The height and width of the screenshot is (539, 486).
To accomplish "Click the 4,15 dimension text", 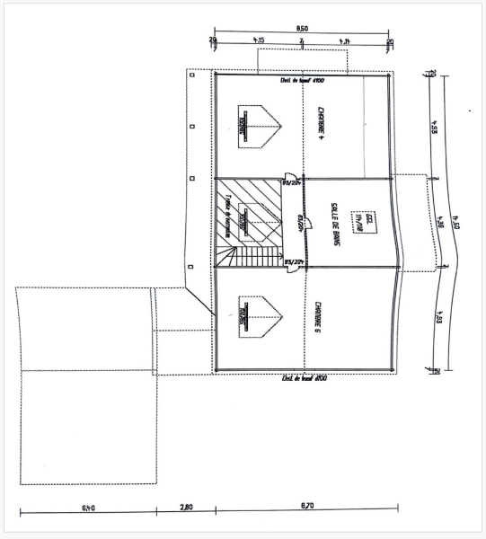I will [x=259, y=40].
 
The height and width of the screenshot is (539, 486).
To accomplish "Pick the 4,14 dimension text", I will [x=345, y=40].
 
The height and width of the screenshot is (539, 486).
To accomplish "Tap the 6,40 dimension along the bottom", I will [x=88, y=508].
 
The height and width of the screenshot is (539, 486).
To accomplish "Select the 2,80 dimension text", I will [x=186, y=508].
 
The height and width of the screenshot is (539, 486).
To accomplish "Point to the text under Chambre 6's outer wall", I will [x=297, y=378].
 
